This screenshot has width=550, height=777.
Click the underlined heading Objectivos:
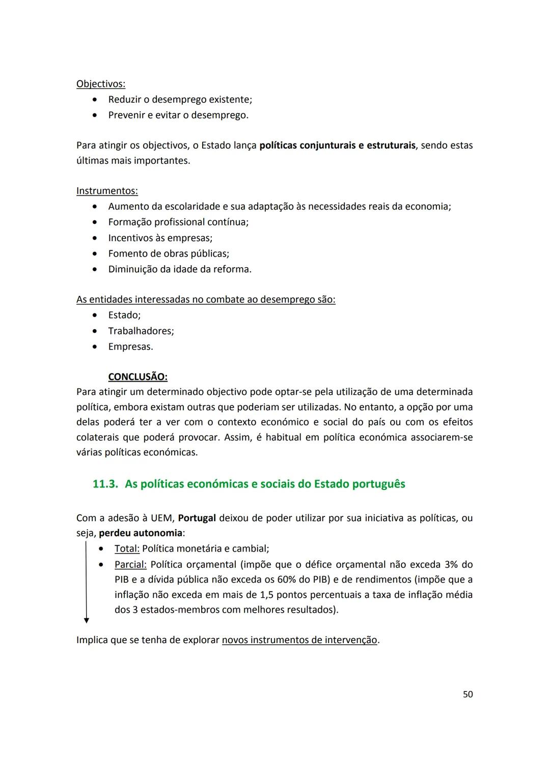click(x=101, y=83)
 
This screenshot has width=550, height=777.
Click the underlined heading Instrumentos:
click(x=107, y=191)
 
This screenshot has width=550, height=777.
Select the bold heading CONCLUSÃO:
click(x=137, y=377)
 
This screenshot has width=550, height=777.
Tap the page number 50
click(x=468, y=695)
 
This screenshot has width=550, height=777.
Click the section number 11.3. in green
click(x=105, y=484)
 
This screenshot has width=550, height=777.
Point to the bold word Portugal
click(x=197, y=518)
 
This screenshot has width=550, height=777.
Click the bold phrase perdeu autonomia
click(x=140, y=533)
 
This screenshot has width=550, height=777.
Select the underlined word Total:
click(x=127, y=549)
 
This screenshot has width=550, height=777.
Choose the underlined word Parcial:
click(x=130, y=564)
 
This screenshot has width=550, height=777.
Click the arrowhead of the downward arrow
click(x=87, y=620)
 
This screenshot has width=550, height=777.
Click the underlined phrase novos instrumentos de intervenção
click(x=299, y=640)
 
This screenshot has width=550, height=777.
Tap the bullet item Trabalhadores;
click(x=141, y=331)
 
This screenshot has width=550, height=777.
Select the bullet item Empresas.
click(x=130, y=347)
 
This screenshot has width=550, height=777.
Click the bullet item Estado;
click(x=124, y=315)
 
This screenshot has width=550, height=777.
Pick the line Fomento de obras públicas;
click(x=169, y=254)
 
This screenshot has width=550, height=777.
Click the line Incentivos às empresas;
click(x=160, y=238)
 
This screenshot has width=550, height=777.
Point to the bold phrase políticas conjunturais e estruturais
click(x=337, y=146)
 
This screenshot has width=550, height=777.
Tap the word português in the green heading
click(x=377, y=484)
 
